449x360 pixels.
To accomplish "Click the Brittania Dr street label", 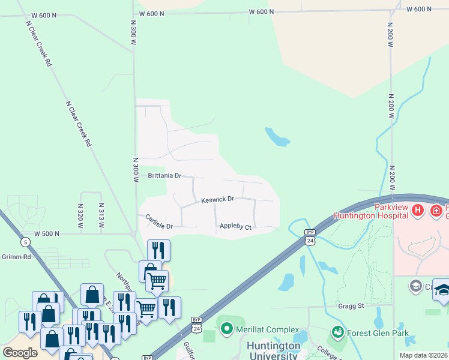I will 164,176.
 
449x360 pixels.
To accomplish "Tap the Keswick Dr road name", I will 217,199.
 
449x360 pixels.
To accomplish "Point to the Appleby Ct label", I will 235,227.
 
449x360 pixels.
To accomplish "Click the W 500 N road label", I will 48,233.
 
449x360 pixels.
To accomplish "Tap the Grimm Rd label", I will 15,256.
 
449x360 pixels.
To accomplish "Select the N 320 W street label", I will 80,213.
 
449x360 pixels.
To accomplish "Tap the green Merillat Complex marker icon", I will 226,329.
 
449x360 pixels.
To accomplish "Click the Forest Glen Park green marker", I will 338,332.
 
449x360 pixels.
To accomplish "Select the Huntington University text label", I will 273,351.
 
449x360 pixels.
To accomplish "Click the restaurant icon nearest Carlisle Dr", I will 158,250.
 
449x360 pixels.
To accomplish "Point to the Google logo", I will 20,352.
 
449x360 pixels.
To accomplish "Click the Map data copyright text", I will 423,355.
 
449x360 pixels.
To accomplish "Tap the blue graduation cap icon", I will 442,289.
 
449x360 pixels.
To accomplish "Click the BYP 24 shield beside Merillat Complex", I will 196,324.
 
